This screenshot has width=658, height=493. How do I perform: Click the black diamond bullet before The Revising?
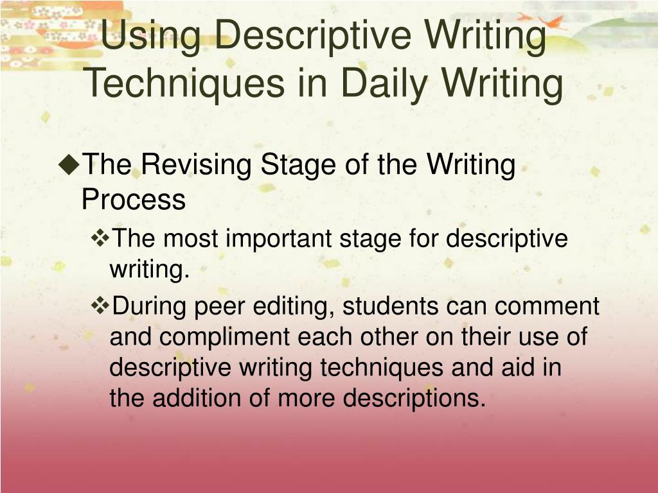[x=68, y=165]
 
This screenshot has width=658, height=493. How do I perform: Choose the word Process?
[x=134, y=200]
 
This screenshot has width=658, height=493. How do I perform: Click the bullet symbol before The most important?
[x=102, y=239]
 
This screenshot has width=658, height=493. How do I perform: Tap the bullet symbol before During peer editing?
[x=102, y=306]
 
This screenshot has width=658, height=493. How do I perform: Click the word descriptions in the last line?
[x=414, y=399]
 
